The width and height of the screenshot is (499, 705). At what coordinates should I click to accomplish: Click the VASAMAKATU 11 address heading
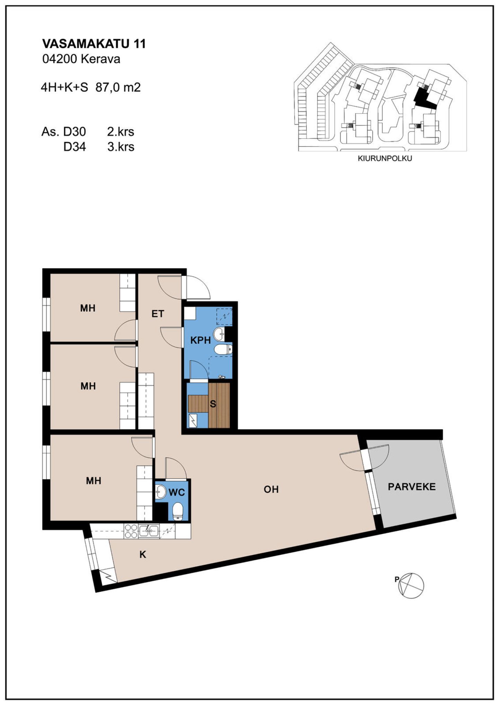click(x=94, y=44)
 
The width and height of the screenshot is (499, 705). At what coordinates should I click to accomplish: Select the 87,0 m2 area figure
click(x=118, y=87)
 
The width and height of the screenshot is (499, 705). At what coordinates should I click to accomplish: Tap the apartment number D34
click(x=75, y=147)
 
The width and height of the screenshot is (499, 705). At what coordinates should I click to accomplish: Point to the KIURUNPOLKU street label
click(x=385, y=159)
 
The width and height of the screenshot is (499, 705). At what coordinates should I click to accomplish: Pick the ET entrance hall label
click(x=158, y=314)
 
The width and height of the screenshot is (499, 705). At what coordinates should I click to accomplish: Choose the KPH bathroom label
click(x=201, y=340)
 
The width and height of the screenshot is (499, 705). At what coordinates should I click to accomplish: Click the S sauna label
click(x=213, y=404)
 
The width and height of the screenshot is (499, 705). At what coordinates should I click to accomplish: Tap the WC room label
click(x=177, y=492)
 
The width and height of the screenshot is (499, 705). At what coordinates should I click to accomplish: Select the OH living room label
click(x=271, y=489)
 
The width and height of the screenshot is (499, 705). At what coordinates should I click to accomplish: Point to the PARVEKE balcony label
click(x=412, y=487)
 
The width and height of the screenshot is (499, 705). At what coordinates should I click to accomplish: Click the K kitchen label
click(x=142, y=554)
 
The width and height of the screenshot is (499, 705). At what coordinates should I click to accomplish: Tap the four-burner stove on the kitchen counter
click(x=131, y=531)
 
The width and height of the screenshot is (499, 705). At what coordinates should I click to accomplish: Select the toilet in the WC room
click(x=178, y=511)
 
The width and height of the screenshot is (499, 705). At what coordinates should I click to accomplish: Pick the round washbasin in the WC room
click(x=160, y=491)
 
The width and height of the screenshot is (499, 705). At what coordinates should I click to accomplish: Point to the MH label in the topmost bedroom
click(x=88, y=308)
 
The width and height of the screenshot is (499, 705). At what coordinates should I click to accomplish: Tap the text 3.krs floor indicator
click(x=121, y=147)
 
